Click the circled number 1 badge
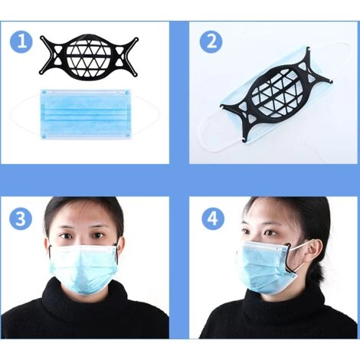[21, 41]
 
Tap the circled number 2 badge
[211, 41]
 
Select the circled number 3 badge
[21, 219]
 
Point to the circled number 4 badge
[213, 219]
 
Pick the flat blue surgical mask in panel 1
[86, 114]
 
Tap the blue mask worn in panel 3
[83, 270]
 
